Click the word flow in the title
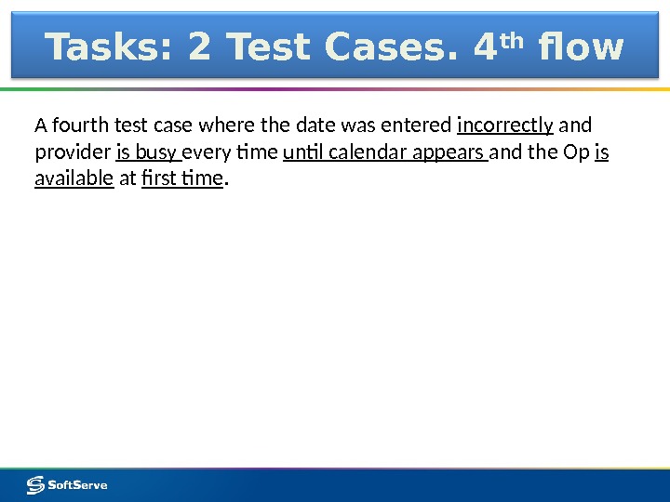[x=576, y=46]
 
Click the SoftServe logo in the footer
[x=67, y=484]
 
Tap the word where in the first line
[x=217, y=125]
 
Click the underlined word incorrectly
[x=505, y=125]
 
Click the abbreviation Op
[x=576, y=152]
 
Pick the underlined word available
[x=74, y=178]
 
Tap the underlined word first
[x=159, y=178]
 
